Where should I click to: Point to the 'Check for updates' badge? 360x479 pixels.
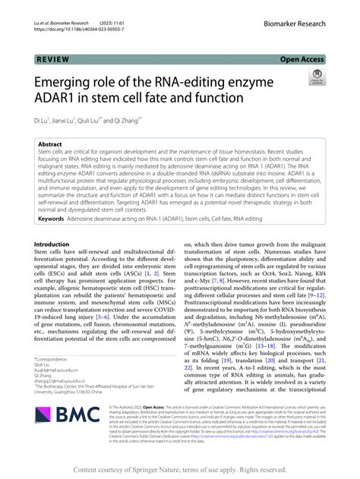(317, 77)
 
